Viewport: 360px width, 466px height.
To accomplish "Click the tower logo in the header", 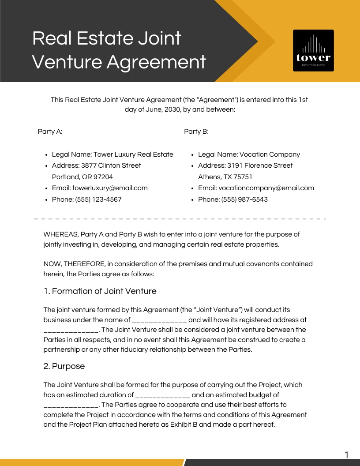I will coord(313,50).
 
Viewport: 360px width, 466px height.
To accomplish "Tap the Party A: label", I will coord(50,132).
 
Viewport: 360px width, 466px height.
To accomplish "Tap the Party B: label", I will coord(196,132).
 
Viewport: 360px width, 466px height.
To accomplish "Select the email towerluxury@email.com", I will coord(110,188).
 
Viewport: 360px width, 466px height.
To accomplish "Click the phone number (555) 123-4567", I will coord(98,199).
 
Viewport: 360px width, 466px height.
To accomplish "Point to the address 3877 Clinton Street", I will coord(111,165).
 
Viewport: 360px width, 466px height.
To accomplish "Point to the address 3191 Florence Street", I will coord(260,165).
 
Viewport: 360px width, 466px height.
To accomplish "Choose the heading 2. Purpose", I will coord(64,366).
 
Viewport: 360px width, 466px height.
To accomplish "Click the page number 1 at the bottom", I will coord(346,455).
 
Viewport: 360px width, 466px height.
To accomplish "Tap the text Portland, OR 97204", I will coord(82,177).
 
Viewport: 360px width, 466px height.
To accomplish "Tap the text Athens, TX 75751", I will coord(225,177).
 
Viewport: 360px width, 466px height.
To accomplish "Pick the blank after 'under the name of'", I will coord(160,320).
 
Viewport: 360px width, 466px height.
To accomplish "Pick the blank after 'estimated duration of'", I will coord(163,395).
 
